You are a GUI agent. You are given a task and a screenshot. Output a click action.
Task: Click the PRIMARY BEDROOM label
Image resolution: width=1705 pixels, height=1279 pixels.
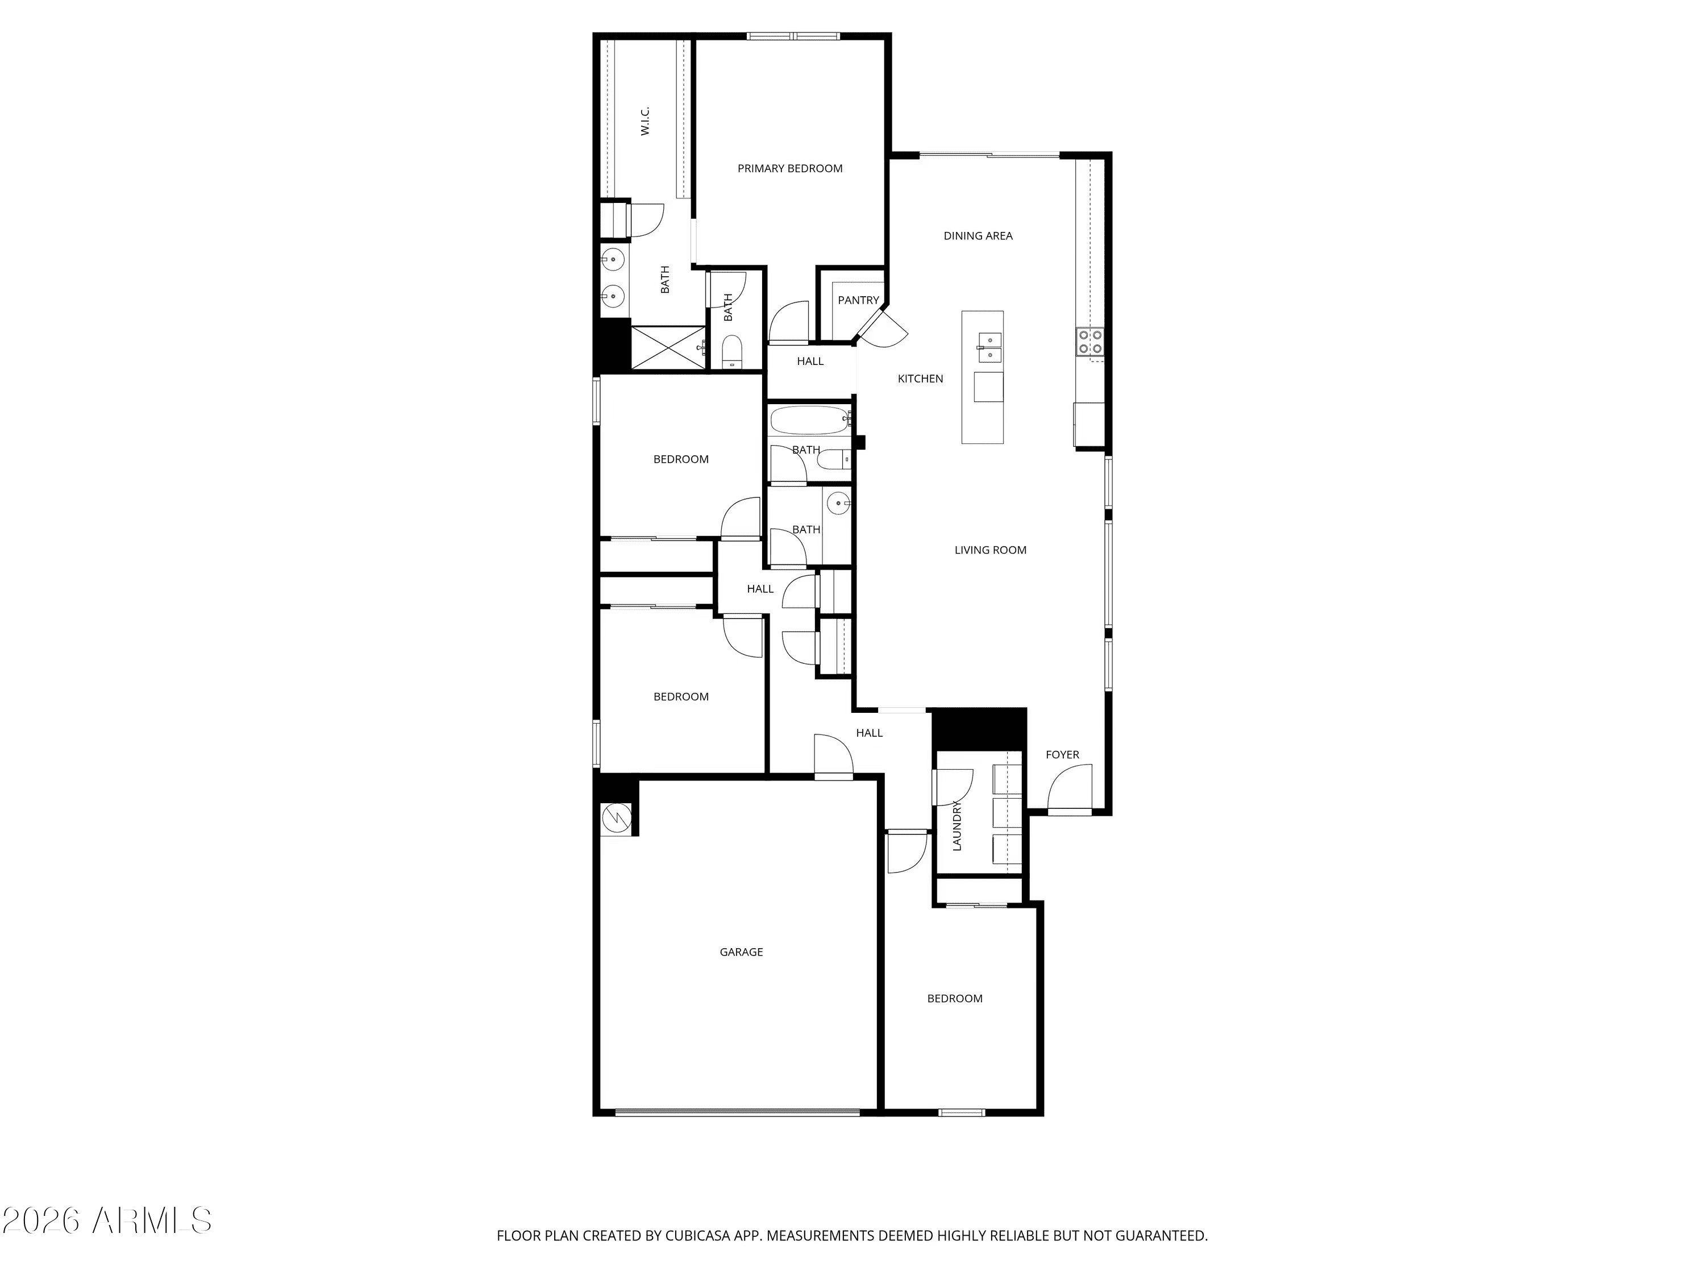click(789, 168)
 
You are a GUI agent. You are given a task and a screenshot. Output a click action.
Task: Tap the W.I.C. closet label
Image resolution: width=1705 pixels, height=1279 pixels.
click(645, 121)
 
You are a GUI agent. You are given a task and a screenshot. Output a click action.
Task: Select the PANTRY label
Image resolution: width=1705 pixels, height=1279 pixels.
click(858, 300)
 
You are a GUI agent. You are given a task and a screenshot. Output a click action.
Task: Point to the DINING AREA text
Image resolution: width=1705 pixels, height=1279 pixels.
click(978, 236)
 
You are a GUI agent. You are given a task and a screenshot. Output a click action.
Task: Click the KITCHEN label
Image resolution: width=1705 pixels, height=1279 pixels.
click(920, 379)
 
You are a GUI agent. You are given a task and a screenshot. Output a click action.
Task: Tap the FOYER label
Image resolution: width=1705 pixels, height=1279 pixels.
click(1062, 755)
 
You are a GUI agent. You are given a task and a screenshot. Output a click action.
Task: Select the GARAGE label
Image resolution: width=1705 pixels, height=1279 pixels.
click(741, 952)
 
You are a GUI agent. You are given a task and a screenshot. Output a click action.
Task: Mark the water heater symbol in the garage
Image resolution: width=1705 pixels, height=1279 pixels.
click(617, 817)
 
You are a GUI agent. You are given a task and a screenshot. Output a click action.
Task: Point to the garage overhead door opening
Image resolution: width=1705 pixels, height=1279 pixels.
click(737, 1112)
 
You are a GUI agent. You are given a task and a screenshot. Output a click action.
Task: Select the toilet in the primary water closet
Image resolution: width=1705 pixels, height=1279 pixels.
click(731, 352)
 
